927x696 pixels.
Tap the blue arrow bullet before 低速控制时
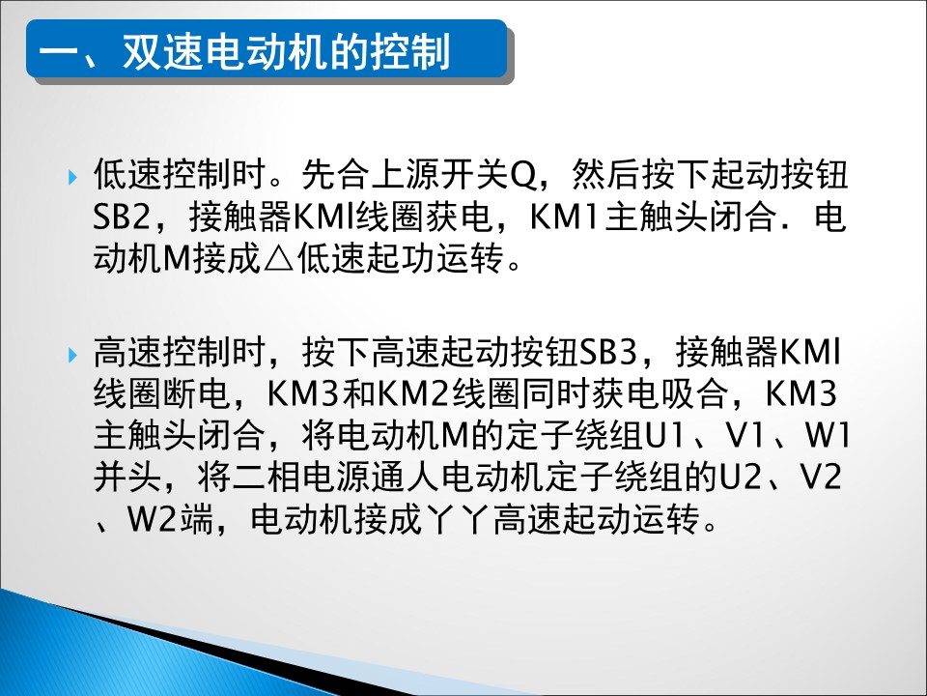coord(72,176)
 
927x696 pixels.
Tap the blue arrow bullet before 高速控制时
coord(72,355)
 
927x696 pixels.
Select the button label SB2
coord(122,217)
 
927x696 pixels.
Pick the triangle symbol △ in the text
coord(278,259)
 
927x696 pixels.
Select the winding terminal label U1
coord(662,436)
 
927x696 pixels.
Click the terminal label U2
coord(740,478)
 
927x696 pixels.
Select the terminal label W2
coord(152,520)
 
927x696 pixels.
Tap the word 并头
coord(127,478)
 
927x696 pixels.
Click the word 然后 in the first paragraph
coord(605,176)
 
